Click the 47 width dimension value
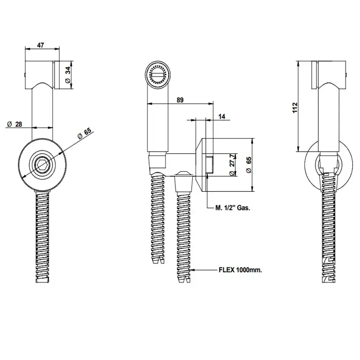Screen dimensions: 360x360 (41, 45)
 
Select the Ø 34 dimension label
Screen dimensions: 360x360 (68, 75)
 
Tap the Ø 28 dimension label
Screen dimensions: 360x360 (15, 124)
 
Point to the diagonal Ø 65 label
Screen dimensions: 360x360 (84, 133)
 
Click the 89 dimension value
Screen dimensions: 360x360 (180, 100)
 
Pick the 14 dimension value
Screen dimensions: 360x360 (222, 116)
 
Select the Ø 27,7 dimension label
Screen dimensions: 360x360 (232, 165)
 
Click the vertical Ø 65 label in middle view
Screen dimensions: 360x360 (248, 165)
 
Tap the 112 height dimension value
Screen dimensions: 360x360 (295, 107)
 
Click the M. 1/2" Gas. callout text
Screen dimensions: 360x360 (232, 208)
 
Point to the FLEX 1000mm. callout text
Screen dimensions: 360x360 (240, 270)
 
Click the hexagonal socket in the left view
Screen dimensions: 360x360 (42, 165)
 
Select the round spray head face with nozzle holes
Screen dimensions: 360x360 (158, 74)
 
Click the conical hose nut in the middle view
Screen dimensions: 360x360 (184, 182)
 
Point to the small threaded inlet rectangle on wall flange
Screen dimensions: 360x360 (210, 165)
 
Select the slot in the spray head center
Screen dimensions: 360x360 (158, 75)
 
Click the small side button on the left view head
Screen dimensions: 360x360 (25, 75)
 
